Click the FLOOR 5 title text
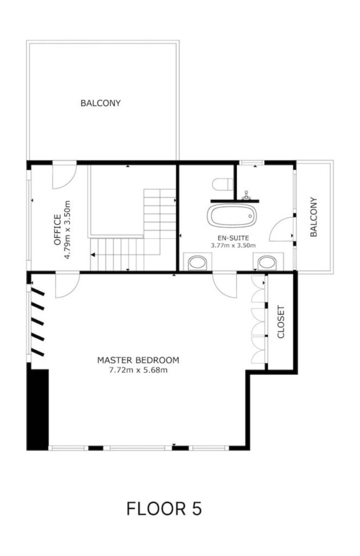(x=164, y=508)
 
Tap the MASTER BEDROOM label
(x=138, y=361)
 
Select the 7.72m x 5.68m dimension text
(x=138, y=370)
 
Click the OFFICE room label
(x=57, y=230)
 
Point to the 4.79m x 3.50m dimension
(x=67, y=230)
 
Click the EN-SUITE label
(x=233, y=238)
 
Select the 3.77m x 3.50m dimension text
(x=233, y=245)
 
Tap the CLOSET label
(x=281, y=322)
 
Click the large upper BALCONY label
(x=100, y=103)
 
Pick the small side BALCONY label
(x=313, y=217)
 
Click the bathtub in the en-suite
(x=232, y=215)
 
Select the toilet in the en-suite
(x=223, y=185)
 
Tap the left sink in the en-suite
(x=197, y=263)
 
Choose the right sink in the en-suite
(x=267, y=263)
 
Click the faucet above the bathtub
(x=246, y=195)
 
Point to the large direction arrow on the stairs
(x=93, y=255)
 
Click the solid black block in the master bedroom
(x=37, y=409)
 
